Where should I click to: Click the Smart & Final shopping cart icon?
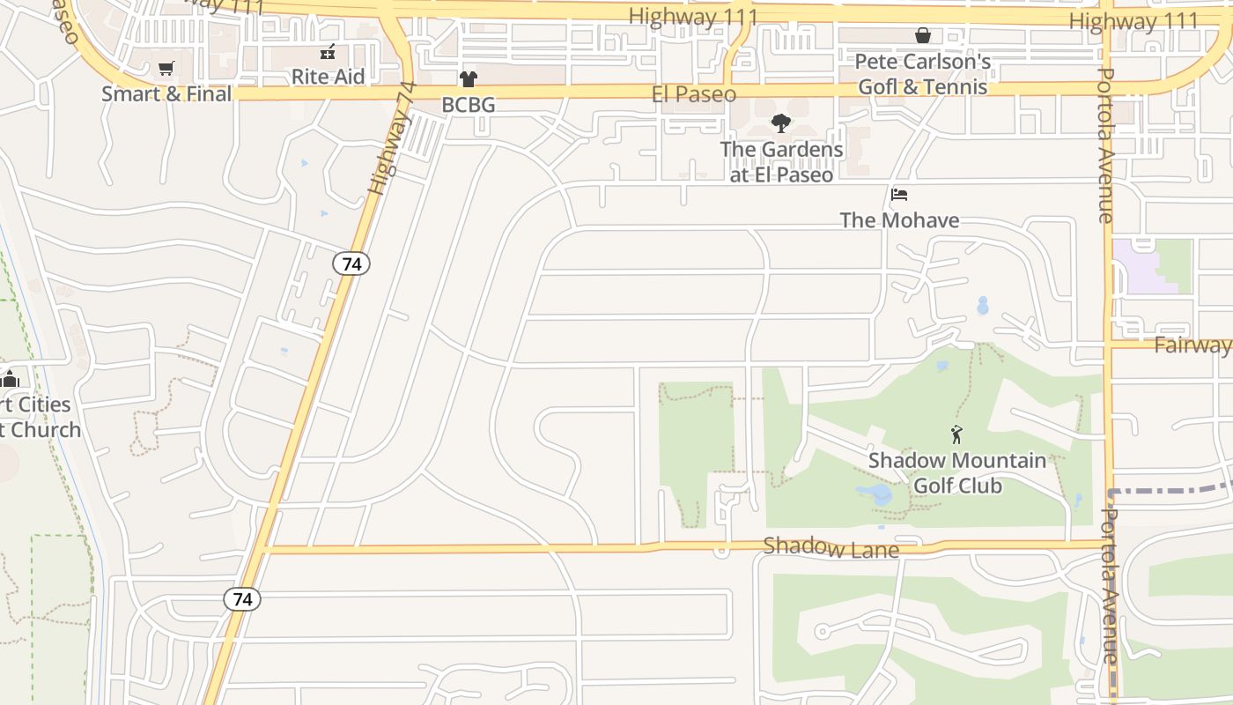click(x=166, y=69)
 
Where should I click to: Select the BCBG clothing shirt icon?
click(x=468, y=79)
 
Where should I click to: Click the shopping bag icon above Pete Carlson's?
click(x=922, y=36)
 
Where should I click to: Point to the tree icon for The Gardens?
click(x=780, y=123)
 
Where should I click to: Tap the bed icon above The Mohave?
click(x=898, y=195)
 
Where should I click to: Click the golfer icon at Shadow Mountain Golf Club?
click(x=956, y=434)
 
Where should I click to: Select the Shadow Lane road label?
click(x=831, y=547)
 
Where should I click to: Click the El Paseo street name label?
click(x=693, y=94)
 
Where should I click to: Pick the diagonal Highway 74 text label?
click(x=390, y=138)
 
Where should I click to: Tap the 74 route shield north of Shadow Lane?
click(x=351, y=263)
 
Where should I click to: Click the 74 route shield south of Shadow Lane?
click(x=242, y=599)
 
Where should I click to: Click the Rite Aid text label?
click(x=328, y=77)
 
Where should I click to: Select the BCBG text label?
click(x=468, y=105)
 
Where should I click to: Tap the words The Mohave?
click(x=899, y=220)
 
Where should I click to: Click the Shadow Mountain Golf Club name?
click(x=957, y=473)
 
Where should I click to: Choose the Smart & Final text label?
click(x=166, y=93)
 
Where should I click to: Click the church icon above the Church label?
click(x=10, y=379)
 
